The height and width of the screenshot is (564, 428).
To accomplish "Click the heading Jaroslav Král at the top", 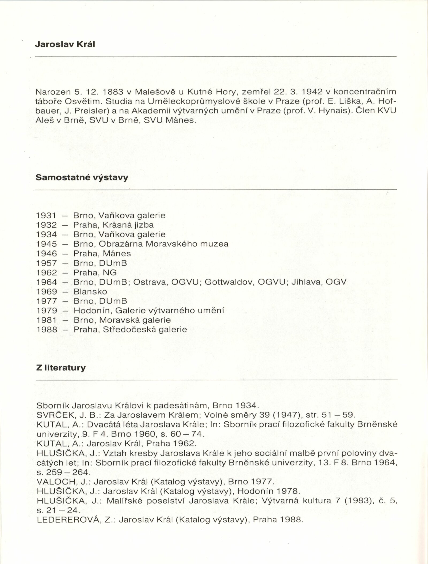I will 65,44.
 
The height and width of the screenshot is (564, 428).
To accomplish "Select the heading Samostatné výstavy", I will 82,177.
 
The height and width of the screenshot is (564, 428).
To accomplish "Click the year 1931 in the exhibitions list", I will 47,215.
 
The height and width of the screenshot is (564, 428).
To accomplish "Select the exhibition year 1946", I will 47,253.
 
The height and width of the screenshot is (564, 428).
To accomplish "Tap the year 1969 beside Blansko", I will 47,291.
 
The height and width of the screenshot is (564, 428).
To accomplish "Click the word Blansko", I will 90,291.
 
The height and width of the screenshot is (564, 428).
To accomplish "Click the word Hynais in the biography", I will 334,111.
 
